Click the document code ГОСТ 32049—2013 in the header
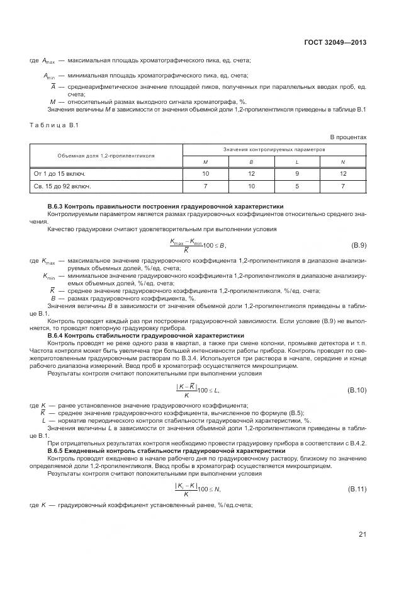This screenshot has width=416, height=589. tap(336, 42)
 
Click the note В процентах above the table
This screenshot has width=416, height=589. tap(348, 137)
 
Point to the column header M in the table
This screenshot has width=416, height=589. tap(205, 162)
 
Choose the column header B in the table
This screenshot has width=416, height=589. tap(250, 162)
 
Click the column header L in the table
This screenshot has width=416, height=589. tap(296, 162)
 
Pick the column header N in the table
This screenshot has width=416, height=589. tap(343, 162)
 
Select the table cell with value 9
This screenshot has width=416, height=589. tap(296, 173)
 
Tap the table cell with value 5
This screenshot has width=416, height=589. tap(296, 186)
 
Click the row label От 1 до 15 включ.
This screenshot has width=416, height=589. tap(59, 173)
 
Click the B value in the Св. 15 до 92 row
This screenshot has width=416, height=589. tap(250, 186)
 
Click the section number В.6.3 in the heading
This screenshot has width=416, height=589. tap(56, 206)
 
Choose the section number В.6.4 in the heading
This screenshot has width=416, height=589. tap(56, 336)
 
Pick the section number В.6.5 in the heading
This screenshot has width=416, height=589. tap(56, 450)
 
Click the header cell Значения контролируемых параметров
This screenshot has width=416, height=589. tap(274, 151)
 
